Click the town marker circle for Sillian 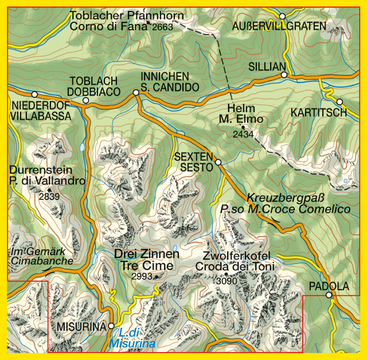(284, 75)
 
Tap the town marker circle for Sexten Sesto (218, 163)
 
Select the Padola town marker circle (329, 295)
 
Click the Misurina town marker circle (111, 326)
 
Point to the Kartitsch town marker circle (339, 101)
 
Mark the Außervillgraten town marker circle (282, 16)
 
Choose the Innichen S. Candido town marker (136, 92)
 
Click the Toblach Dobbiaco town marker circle (85, 100)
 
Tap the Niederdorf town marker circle (34, 94)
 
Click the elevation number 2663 (162, 26)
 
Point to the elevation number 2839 (49, 196)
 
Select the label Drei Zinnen (147, 254)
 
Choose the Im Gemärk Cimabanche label (42, 256)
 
